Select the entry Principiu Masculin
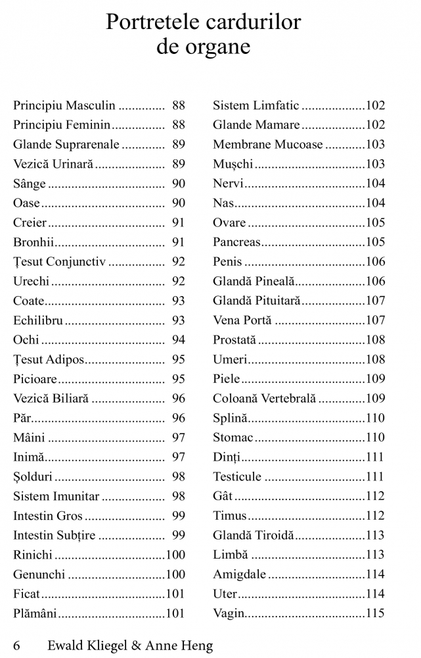tap(64, 105)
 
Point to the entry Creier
tap(30, 222)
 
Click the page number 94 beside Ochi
tap(179, 340)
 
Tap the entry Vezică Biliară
tap(51, 399)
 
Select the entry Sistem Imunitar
tap(56, 496)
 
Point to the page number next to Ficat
tap(175, 594)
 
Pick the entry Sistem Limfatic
tap(255, 105)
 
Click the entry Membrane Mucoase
tap(268, 145)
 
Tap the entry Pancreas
tap(236, 242)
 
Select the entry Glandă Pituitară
tap(256, 301)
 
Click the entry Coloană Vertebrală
tap(264, 399)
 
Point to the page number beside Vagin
tap(375, 614)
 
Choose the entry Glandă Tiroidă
tap(253, 536)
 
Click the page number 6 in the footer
tap(16, 645)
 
